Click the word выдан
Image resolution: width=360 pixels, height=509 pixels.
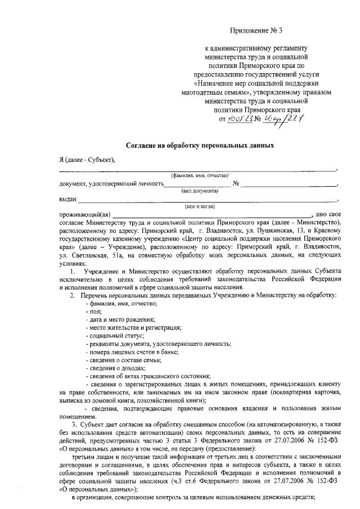67,199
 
